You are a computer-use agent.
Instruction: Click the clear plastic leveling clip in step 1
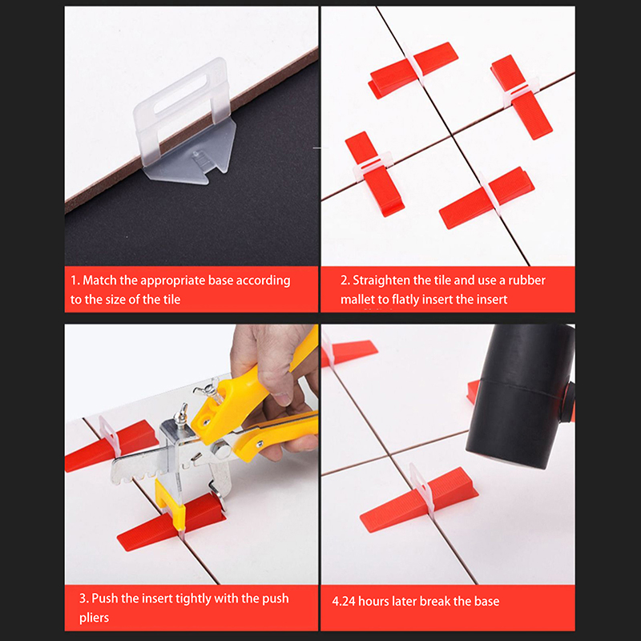click(184, 123)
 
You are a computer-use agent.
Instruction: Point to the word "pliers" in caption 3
click(94, 618)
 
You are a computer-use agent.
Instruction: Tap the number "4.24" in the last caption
click(344, 602)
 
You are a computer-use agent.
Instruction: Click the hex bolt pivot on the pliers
click(222, 451)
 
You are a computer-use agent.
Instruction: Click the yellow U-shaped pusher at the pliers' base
click(170, 505)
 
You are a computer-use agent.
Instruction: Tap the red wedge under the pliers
click(171, 523)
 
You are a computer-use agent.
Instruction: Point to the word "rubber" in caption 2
click(526, 280)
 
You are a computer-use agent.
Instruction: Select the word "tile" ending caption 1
click(171, 300)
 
